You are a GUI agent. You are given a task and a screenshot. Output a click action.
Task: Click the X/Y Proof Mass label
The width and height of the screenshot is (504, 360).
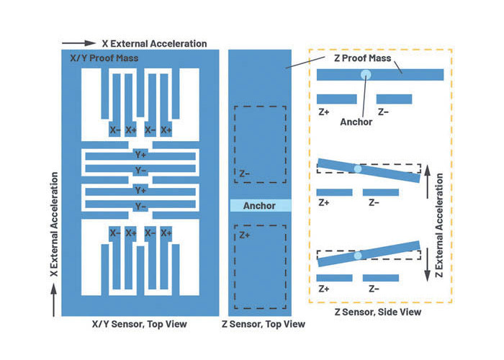[x=104, y=58]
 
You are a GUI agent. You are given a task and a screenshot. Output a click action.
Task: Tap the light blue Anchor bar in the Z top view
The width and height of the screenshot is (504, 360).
[x=261, y=205]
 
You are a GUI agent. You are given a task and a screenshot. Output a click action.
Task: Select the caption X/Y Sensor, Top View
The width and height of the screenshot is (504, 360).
[x=140, y=324]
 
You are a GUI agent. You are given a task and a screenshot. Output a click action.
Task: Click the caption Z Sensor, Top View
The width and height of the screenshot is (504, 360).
[x=264, y=324]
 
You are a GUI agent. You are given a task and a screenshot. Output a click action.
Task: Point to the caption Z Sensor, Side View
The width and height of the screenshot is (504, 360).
[x=378, y=312]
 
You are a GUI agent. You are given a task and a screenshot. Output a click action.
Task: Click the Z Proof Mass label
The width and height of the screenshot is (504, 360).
[x=363, y=58]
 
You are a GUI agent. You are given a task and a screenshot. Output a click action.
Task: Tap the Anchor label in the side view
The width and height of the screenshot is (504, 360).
[x=356, y=122]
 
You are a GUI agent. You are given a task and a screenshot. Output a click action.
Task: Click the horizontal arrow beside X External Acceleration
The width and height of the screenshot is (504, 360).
[x=78, y=43]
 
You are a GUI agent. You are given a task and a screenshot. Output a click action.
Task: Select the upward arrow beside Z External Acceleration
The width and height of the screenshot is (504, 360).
[x=427, y=182]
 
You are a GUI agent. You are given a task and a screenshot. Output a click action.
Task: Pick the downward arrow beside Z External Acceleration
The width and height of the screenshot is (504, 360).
[x=427, y=265]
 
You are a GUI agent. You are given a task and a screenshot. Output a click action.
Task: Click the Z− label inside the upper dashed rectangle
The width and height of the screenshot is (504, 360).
[x=244, y=174]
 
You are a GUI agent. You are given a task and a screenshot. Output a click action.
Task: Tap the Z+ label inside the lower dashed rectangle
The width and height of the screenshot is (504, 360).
[x=244, y=235]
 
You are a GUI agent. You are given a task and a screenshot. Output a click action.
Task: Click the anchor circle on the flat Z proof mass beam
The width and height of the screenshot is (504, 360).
[x=366, y=75]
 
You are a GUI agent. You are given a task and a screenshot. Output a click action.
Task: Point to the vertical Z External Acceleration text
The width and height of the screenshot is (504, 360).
[x=439, y=225]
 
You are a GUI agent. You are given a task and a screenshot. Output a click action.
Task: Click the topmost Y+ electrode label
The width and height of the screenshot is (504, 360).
[x=140, y=155]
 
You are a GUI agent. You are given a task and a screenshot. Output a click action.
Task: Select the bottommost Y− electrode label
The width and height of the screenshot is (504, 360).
[x=140, y=207]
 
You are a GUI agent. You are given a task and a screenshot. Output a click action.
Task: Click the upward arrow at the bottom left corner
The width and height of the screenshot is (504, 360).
[x=54, y=300]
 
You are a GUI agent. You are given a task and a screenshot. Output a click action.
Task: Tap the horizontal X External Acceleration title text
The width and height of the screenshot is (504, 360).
[x=154, y=43]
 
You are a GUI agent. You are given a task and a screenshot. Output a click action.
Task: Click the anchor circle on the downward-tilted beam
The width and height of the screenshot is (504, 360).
[x=357, y=168]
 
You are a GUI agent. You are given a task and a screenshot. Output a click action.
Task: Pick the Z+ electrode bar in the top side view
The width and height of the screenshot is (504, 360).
[x=336, y=99]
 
